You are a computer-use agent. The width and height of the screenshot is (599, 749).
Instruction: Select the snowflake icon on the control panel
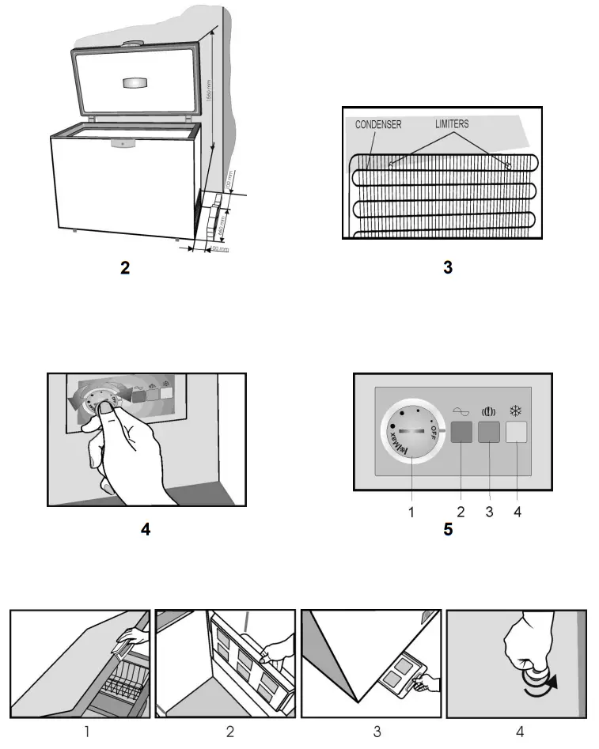(516, 411)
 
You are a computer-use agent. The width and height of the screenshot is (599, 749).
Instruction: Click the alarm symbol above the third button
(488, 411)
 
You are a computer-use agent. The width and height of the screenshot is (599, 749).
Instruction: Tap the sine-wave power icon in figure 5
(461, 412)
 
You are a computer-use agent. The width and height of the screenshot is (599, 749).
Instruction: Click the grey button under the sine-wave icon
(461, 432)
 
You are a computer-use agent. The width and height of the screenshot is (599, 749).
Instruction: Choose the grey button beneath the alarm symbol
(489, 432)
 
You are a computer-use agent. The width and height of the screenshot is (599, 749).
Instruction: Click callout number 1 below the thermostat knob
(411, 513)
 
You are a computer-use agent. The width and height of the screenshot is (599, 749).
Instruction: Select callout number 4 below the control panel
(517, 513)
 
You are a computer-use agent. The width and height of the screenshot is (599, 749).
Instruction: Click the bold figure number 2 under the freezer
(125, 268)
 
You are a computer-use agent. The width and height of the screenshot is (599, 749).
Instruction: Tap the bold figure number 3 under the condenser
(448, 268)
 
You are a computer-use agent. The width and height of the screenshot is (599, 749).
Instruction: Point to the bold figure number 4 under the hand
(146, 529)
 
